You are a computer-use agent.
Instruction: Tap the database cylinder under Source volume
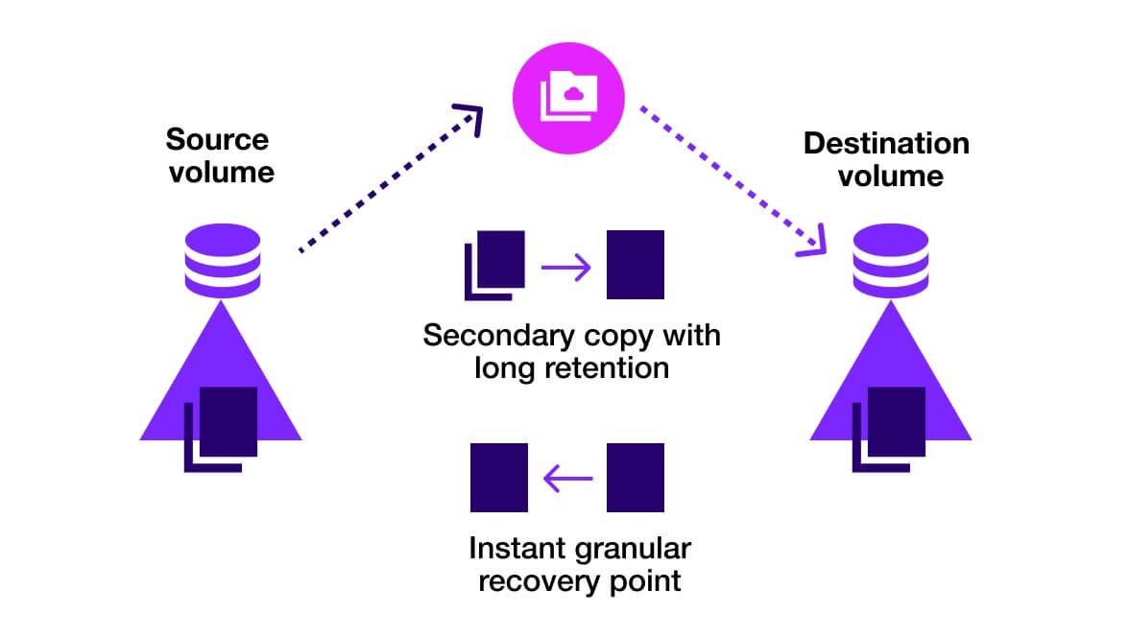221,260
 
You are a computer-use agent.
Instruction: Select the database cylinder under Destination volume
891,261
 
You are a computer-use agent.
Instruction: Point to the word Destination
886,144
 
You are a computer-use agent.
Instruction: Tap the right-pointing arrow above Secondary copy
566,267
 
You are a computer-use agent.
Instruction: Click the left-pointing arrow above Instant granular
567,478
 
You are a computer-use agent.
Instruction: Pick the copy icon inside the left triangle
222,428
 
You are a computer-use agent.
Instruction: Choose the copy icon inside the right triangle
889,428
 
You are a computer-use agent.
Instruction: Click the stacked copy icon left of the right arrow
495,265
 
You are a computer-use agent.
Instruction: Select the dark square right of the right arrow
636,265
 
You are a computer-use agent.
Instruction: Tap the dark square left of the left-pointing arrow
499,477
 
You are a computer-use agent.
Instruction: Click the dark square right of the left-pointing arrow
636,477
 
